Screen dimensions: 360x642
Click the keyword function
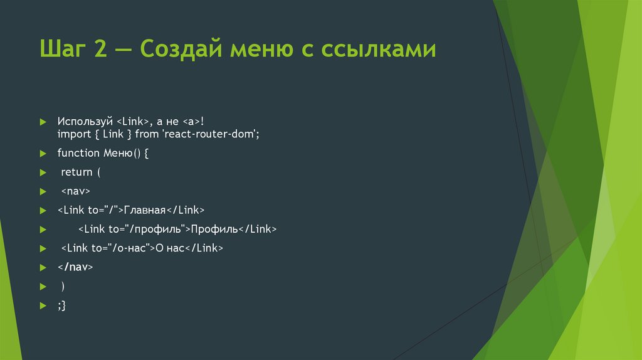pyautogui.click(x=78, y=153)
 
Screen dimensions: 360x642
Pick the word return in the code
pyautogui.click(x=76, y=172)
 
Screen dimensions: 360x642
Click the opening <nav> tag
pyautogui.click(x=76, y=191)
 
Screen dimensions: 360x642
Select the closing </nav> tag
pyautogui.click(x=75, y=267)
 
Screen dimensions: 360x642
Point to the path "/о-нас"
pyautogui.click(x=131, y=248)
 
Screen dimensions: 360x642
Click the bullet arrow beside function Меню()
pyautogui.click(x=43, y=154)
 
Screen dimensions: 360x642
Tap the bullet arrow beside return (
pyautogui.click(x=43, y=172)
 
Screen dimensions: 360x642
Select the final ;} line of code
pyautogui.click(x=61, y=305)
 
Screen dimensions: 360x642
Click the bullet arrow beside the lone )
pyautogui.click(x=43, y=286)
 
